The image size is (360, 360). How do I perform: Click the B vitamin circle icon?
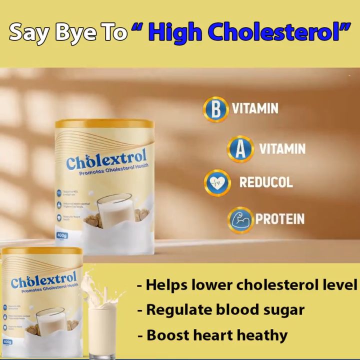tap(215, 109)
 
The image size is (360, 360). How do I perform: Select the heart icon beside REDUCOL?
tap(217, 182)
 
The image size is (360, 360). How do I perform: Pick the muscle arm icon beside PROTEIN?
tap(240, 219)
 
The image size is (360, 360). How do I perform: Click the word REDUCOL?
tap(266, 182)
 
